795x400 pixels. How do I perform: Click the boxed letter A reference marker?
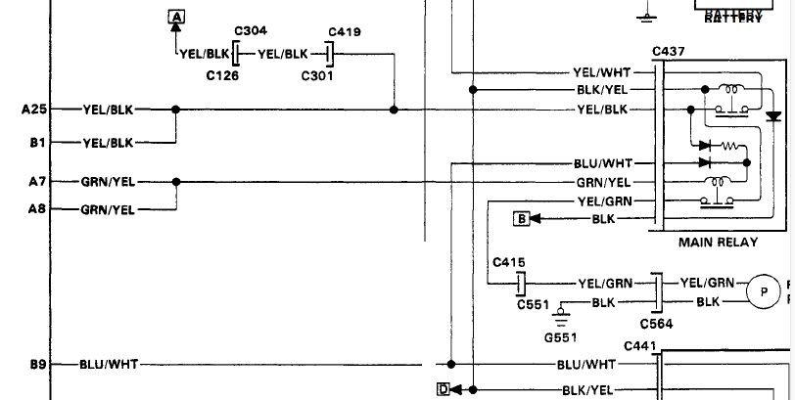[176, 17]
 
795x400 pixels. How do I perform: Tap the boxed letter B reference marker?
[522, 219]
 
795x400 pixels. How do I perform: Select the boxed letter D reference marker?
[444, 389]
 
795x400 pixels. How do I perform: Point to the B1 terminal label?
[37, 143]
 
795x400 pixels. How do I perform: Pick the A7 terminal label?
[37, 181]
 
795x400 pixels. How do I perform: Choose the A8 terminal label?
[37, 208]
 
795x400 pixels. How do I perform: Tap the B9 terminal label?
[37, 365]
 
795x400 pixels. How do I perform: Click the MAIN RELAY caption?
[718, 242]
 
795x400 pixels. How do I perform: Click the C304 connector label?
[252, 31]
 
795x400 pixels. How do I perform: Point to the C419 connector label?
[344, 31]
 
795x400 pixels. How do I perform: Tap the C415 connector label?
[510, 261]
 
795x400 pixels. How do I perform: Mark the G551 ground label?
[562, 337]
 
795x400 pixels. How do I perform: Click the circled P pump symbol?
[761, 290]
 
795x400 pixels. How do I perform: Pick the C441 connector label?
[640, 345]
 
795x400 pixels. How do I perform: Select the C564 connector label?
[656, 324]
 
